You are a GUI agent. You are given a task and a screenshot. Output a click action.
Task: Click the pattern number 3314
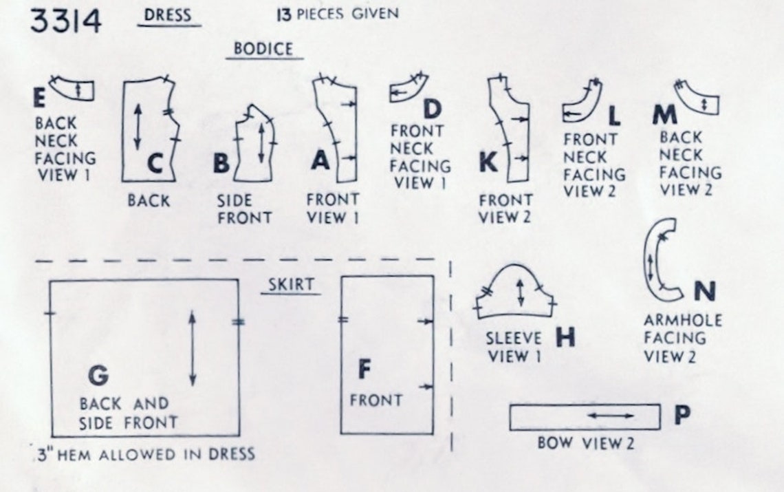(x=65, y=21)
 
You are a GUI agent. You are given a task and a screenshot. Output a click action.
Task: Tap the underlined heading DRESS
(x=168, y=15)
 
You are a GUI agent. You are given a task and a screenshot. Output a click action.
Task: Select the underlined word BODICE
(x=263, y=49)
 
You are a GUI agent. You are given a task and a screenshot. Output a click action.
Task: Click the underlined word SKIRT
(x=291, y=284)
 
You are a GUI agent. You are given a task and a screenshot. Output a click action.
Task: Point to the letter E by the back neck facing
(x=39, y=98)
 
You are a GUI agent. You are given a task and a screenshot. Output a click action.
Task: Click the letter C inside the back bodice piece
(x=155, y=163)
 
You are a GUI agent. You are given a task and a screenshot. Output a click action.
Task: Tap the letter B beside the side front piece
(x=221, y=162)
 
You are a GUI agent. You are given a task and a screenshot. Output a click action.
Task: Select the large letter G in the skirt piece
(x=98, y=375)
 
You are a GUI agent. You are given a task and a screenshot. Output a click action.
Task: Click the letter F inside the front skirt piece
(x=364, y=370)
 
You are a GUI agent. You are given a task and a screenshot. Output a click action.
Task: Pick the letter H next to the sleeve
(x=565, y=337)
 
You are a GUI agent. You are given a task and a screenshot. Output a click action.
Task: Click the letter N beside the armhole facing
(x=704, y=291)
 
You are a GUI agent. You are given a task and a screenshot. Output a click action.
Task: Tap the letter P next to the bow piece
(x=682, y=414)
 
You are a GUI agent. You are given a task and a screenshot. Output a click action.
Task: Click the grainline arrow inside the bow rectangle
(x=611, y=416)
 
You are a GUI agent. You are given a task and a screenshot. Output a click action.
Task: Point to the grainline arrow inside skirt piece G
(x=193, y=348)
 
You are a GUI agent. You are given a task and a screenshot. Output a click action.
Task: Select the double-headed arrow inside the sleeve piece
(x=521, y=292)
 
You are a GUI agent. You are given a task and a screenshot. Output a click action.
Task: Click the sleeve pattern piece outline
(x=514, y=266)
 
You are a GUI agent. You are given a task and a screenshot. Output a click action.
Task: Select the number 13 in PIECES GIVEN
(x=284, y=14)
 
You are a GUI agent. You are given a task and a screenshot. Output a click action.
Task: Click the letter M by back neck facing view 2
(x=664, y=115)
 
